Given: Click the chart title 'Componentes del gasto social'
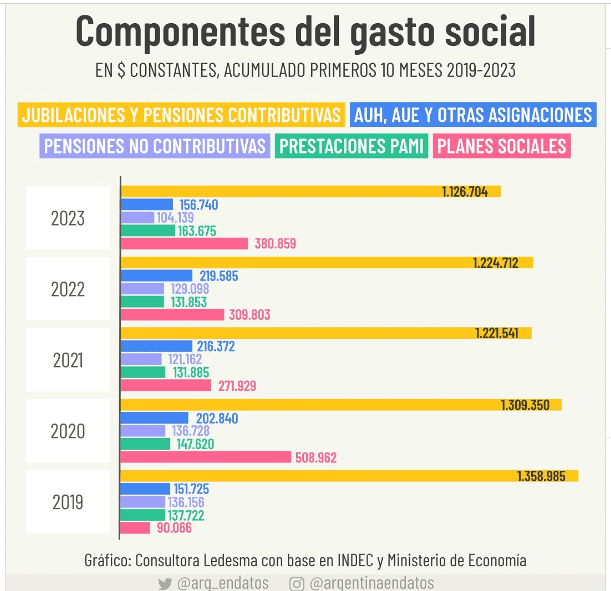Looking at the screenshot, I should click(305, 32).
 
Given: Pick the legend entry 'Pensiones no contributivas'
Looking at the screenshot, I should click(156, 146).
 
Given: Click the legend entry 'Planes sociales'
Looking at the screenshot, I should click(502, 146).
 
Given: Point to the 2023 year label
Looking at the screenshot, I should click(68, 218).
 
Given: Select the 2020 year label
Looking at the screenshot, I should click(68, 432).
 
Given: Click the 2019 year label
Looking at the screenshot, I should click(68, 502).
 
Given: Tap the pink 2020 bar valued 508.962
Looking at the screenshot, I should click(205, 457).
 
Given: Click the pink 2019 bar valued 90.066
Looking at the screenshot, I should click(135, 528).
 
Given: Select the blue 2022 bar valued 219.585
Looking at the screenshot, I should click(156, 275).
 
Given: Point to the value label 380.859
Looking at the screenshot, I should click(276, 243).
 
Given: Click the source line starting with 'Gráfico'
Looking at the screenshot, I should click(305, 560).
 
